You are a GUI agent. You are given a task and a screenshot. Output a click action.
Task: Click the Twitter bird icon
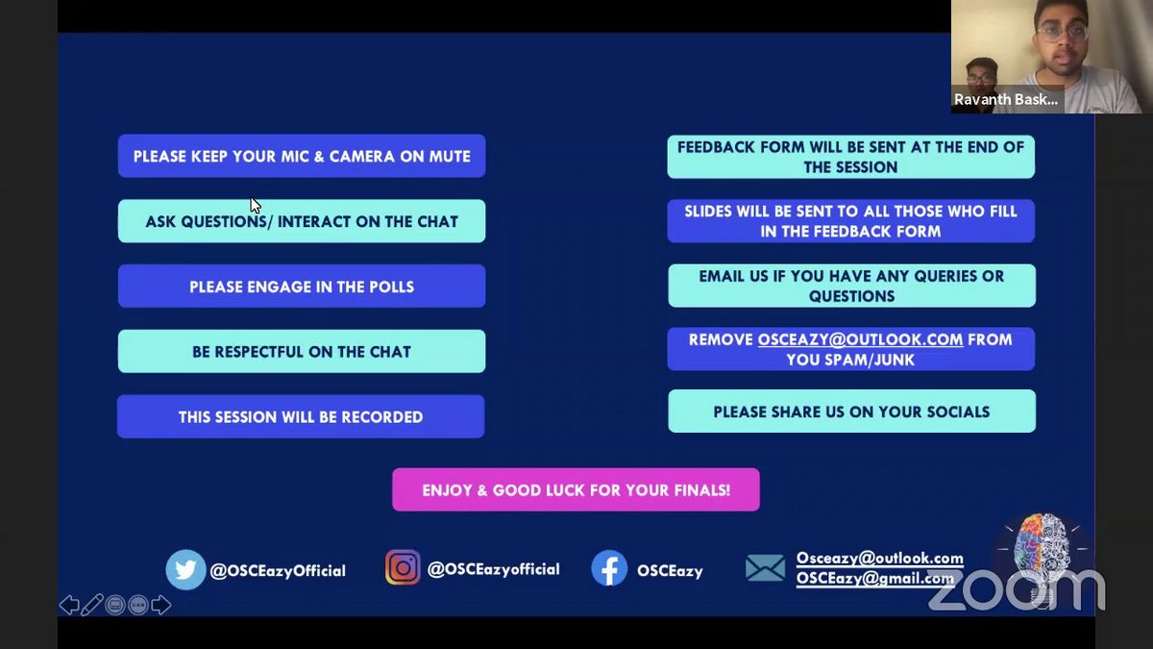coord(185,569)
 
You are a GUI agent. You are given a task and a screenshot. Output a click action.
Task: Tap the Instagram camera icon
coord(403,567)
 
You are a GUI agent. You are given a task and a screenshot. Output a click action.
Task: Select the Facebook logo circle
coord(609,568)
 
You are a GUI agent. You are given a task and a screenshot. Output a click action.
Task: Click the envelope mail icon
coord(766,568)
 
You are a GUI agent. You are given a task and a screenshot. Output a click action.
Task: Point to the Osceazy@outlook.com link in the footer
coord(880,559)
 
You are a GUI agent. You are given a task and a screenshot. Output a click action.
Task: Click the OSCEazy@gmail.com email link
coord(875,579)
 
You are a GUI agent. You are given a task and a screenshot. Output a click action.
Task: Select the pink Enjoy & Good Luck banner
coord(576,489)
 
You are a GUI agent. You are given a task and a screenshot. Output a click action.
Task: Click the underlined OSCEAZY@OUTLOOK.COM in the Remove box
coord(860,339)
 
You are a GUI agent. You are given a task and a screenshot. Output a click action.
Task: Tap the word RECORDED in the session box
coord(382,416)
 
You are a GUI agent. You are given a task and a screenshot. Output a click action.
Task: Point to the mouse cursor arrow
coord(256,205)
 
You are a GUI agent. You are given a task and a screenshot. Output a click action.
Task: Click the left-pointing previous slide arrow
coord(69,605)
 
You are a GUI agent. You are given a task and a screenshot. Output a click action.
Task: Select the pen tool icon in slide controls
coord(92,605)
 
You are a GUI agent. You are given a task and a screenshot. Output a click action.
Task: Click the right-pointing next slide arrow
coord(161,605)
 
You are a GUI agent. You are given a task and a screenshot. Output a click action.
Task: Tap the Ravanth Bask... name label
coord(1006,99)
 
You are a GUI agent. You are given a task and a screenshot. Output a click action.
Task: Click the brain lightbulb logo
coord(1043,557)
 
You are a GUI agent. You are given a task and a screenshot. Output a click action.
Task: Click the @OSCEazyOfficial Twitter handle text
coord(278,571)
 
